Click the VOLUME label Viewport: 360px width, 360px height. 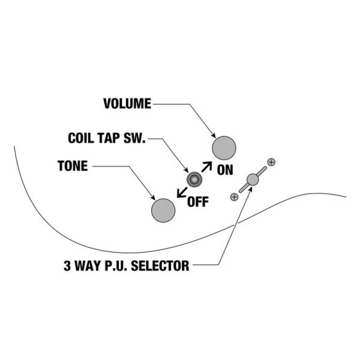coord(127,104)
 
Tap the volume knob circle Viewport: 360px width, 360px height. coord(224,148)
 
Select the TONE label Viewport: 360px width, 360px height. coord(73,166)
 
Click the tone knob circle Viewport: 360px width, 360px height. coord(163,211)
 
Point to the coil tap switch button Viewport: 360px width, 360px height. coord(194,179)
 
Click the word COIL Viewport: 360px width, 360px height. coord(81,138)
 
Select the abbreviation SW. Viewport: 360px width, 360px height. coord(134,138)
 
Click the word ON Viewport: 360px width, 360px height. coord(225,170)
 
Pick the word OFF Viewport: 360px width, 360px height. coord(198,202)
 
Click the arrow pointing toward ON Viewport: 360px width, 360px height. coord(206,167)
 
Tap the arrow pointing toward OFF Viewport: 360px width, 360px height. coord(182,193)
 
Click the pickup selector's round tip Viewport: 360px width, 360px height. coord(253,179)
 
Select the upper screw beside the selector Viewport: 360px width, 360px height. coord(271,163)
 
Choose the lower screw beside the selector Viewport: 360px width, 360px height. coord(234,197)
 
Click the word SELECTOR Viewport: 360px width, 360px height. coord(160,266)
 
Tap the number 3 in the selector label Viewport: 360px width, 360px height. coord(67,266)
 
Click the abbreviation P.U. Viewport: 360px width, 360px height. coord(116,266)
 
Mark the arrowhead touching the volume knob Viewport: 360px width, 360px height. coord(214,136)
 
